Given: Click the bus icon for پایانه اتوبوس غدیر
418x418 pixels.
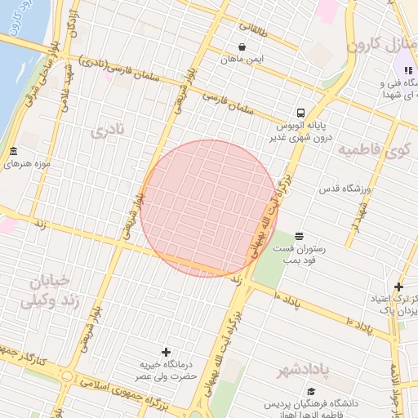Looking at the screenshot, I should point(301,113).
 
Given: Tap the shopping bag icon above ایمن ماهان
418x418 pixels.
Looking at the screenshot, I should point(242,47).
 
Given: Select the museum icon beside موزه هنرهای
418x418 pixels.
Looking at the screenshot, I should point(13,152).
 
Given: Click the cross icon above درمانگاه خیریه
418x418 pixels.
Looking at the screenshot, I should point(167,352).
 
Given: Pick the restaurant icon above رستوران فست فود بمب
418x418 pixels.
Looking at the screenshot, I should point(299,236).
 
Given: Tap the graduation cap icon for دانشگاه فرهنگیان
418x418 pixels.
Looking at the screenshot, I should point(266,402).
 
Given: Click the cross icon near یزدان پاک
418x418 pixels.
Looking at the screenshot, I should point(398,287).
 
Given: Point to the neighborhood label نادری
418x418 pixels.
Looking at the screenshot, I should point(109,130).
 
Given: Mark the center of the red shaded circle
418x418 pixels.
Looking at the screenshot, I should point(209,208).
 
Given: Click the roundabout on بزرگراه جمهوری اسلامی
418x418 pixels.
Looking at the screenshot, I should point(65,376).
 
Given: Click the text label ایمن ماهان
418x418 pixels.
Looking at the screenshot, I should point(242,60).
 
